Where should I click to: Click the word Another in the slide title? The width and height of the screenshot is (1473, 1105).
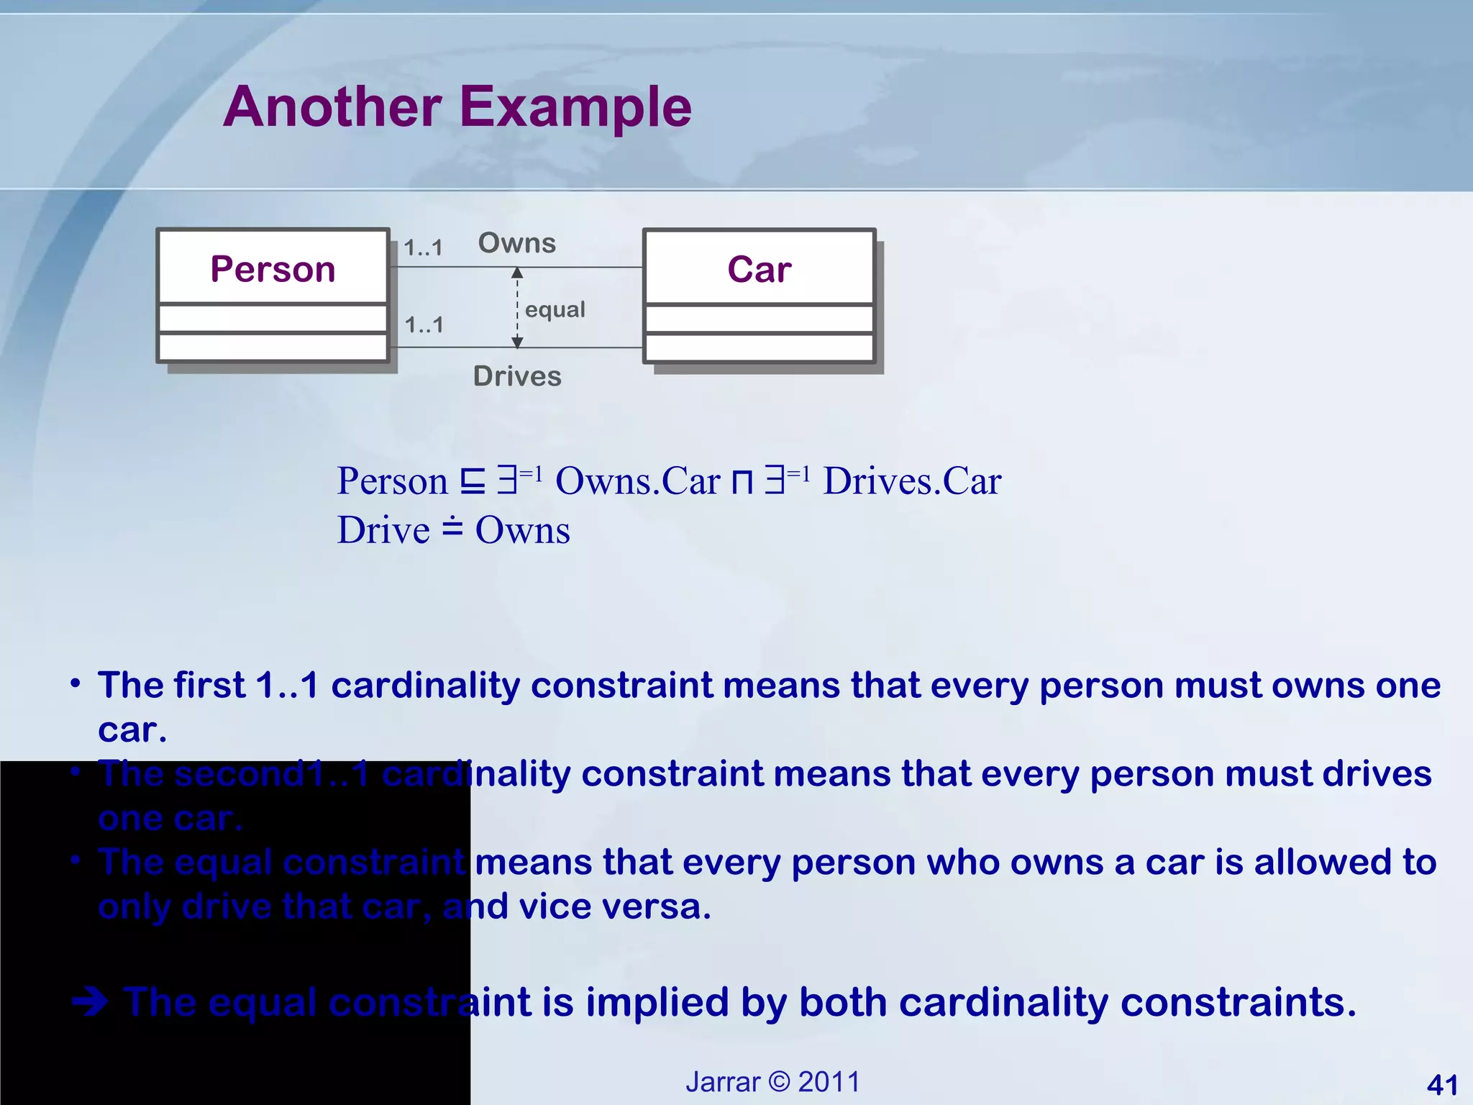tap(332, 107)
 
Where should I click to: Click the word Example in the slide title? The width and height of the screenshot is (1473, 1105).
tap(575, 107)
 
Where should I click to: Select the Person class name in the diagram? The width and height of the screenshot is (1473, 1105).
tap(273, 270)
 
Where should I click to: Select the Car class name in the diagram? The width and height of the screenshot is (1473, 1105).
tap(759, 270)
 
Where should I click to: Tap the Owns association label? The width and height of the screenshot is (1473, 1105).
tap(517, 243)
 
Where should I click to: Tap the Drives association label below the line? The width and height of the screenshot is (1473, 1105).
tap(517, 376)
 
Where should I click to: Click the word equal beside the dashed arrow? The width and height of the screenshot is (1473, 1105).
tap(555, 309)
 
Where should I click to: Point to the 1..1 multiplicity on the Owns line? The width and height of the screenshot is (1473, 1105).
tap(423, 248)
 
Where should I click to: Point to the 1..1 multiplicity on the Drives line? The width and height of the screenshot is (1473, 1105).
tap(424, 325)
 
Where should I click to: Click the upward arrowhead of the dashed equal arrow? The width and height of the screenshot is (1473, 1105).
tap(517, 273)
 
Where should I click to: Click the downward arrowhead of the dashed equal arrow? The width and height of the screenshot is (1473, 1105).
tap(517, 342)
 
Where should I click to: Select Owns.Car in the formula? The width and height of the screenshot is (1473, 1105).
tap(637, 481)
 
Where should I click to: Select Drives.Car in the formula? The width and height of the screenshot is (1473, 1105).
tap(911, 481)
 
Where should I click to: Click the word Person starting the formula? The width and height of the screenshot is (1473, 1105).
tap(392, 481)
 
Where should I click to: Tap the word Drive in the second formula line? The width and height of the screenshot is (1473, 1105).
tap(383, 531)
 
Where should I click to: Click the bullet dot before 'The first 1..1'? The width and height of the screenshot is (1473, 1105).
tap(76, 683)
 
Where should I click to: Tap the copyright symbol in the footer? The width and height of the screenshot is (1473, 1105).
tap(779, 1082)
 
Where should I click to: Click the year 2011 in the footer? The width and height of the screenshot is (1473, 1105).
tap(829, 1082)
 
